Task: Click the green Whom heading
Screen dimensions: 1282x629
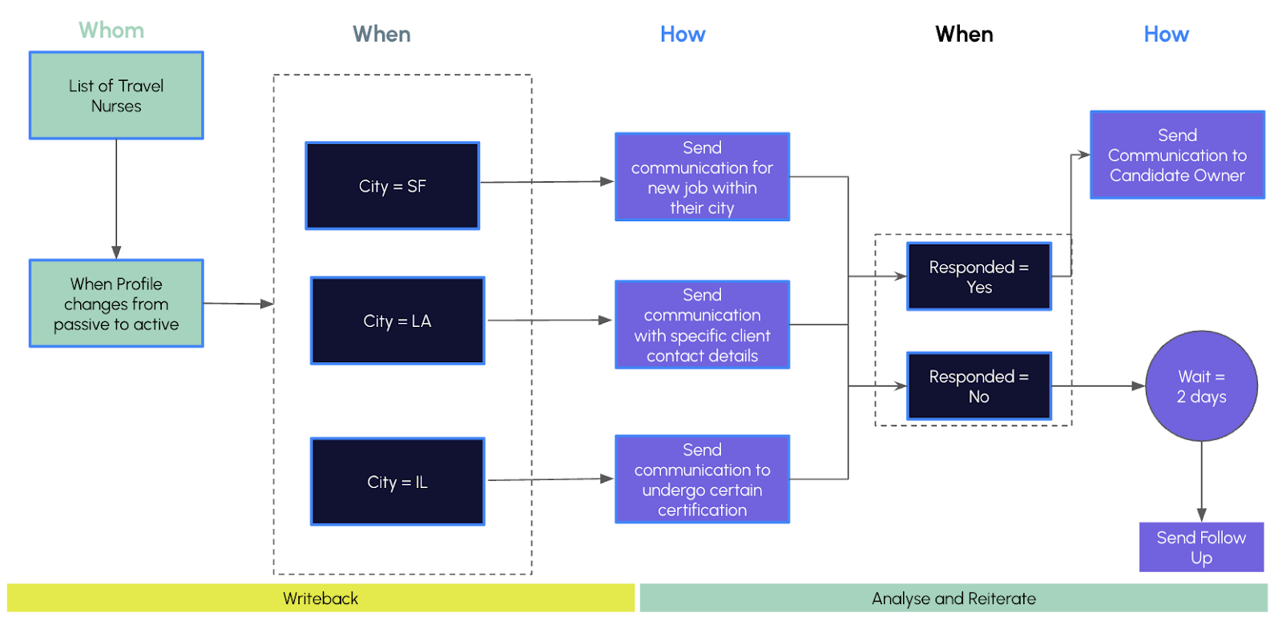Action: pos(111,30)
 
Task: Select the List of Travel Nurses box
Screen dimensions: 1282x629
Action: pos(116,95)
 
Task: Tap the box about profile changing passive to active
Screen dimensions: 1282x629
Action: pos(116,304)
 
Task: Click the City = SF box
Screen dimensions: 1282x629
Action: pos(393,186)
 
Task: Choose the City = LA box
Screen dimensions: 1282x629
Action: pos(397,321)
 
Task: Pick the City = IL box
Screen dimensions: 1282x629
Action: pos(397,482)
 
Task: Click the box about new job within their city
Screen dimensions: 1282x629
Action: pos(702,177)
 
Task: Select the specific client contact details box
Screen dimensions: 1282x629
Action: pos(702,325)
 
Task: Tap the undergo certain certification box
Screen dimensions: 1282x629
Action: pos(702,479)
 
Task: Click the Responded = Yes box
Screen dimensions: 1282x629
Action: pos(979,276)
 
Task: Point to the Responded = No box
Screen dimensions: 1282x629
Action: pos(979,386)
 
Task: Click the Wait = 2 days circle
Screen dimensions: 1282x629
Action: pos(1201,386)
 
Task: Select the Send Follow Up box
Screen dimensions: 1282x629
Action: pos(1201,547)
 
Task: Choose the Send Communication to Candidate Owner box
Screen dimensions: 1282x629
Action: pos(1177,155)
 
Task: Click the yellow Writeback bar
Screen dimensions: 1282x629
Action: pos(320,598)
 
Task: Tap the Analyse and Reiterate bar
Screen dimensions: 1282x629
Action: pos(953,598)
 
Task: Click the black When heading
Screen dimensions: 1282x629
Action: pos(965,34)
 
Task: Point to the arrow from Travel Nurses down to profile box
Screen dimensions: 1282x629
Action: pos(116,200)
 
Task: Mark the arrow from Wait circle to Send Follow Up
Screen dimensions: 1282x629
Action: pos(1201,482)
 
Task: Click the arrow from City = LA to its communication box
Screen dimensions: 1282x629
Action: pos(550,320)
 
